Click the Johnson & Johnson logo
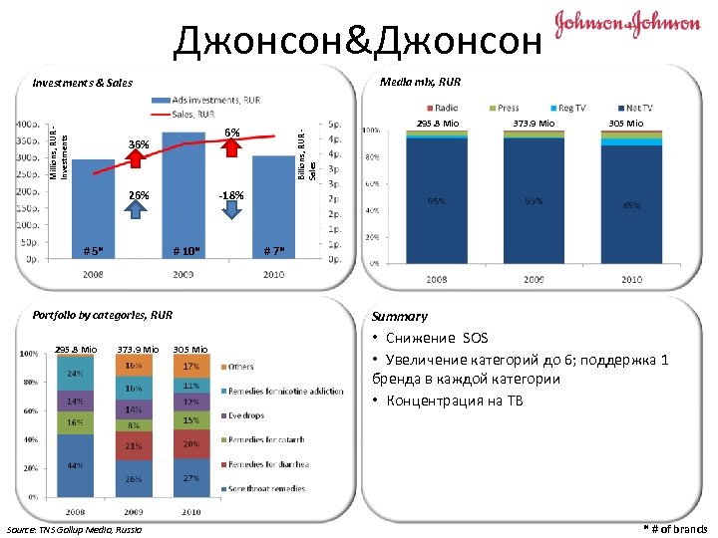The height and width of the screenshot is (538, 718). coord(627,23)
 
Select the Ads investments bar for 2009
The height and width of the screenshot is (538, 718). coord(182,199)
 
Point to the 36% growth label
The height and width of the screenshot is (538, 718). coord(139,145)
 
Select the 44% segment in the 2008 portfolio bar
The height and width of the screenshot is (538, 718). coord(75,465)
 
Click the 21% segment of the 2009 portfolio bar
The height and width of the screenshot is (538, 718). coord(133,445)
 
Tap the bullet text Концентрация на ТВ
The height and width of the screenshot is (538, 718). coord(451,401)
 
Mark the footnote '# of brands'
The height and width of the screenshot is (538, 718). coord(676,528)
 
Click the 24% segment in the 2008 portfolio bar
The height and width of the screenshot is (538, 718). coord(75,374)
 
